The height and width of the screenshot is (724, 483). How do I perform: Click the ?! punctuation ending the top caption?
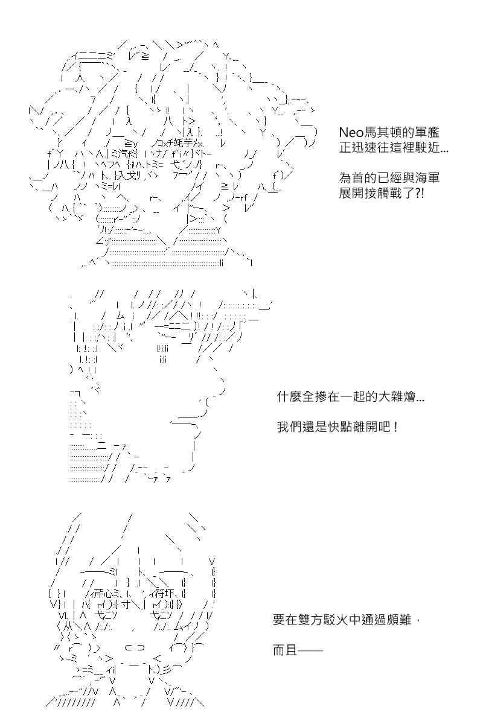[x=419, y=193]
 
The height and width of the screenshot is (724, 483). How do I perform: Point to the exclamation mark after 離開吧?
[x=396, y=427]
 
